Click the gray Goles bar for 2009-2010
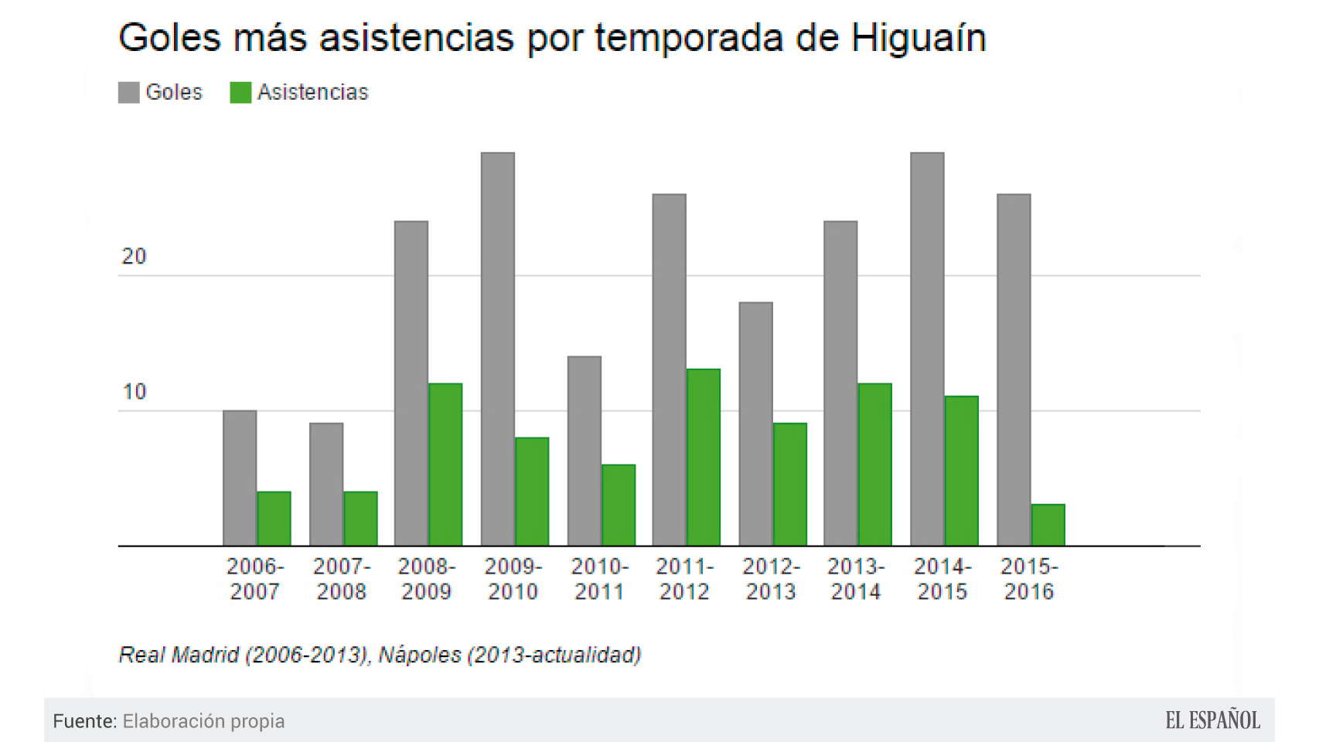497,348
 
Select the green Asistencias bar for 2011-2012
703,457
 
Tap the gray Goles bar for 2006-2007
240,478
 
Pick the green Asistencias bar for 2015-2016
1048,525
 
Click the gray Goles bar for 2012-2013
755,424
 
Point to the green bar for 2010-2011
619,505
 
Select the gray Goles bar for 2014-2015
926,348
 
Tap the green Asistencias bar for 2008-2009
445,464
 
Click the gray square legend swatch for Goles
128,92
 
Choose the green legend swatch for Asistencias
240,92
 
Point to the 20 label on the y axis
134,257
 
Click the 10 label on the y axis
134,392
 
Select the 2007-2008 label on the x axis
341,579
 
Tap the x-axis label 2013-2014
856,579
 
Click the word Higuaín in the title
918,37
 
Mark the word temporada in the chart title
688,37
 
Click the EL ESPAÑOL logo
1212,720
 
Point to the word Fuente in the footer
84,721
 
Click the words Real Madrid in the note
179,655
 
